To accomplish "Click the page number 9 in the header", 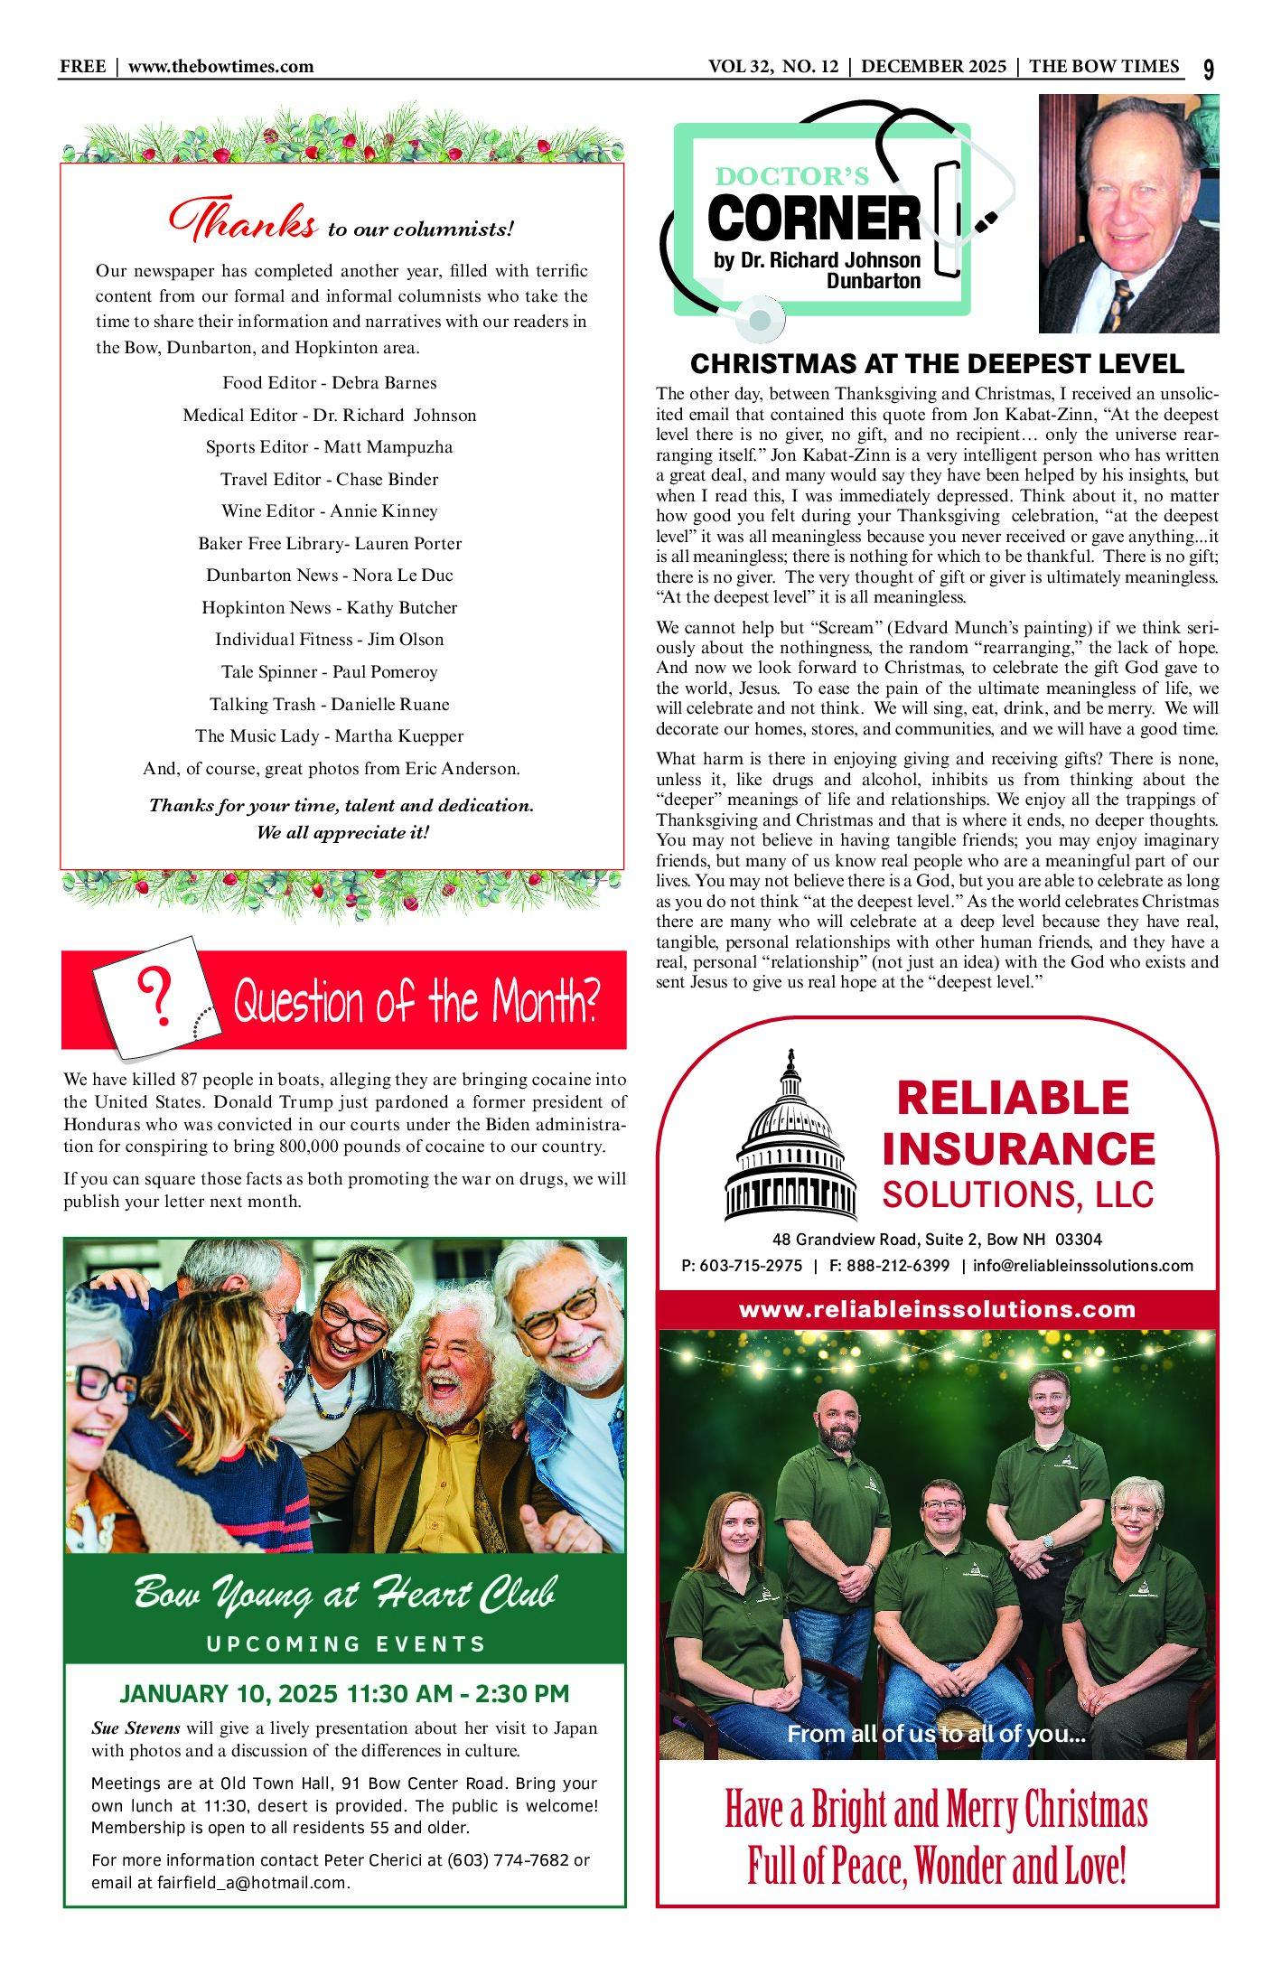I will [1209, 70].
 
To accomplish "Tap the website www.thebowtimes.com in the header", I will [220, 66].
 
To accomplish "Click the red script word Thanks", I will [243, 220].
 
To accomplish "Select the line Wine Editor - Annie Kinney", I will [330, 511].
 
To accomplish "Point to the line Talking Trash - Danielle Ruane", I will [330, 705].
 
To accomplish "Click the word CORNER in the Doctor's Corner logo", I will [813, 219].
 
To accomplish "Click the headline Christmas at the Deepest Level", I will [937, 364].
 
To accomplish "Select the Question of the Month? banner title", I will [416, 1001].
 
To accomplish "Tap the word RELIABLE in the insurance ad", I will [1013, 1099].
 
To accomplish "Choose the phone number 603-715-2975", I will [751, 1266].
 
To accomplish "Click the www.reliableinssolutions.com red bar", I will [937, 1310].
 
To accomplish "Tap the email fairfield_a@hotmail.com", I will [252, 1883].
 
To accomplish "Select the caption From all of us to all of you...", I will [936, 1734].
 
